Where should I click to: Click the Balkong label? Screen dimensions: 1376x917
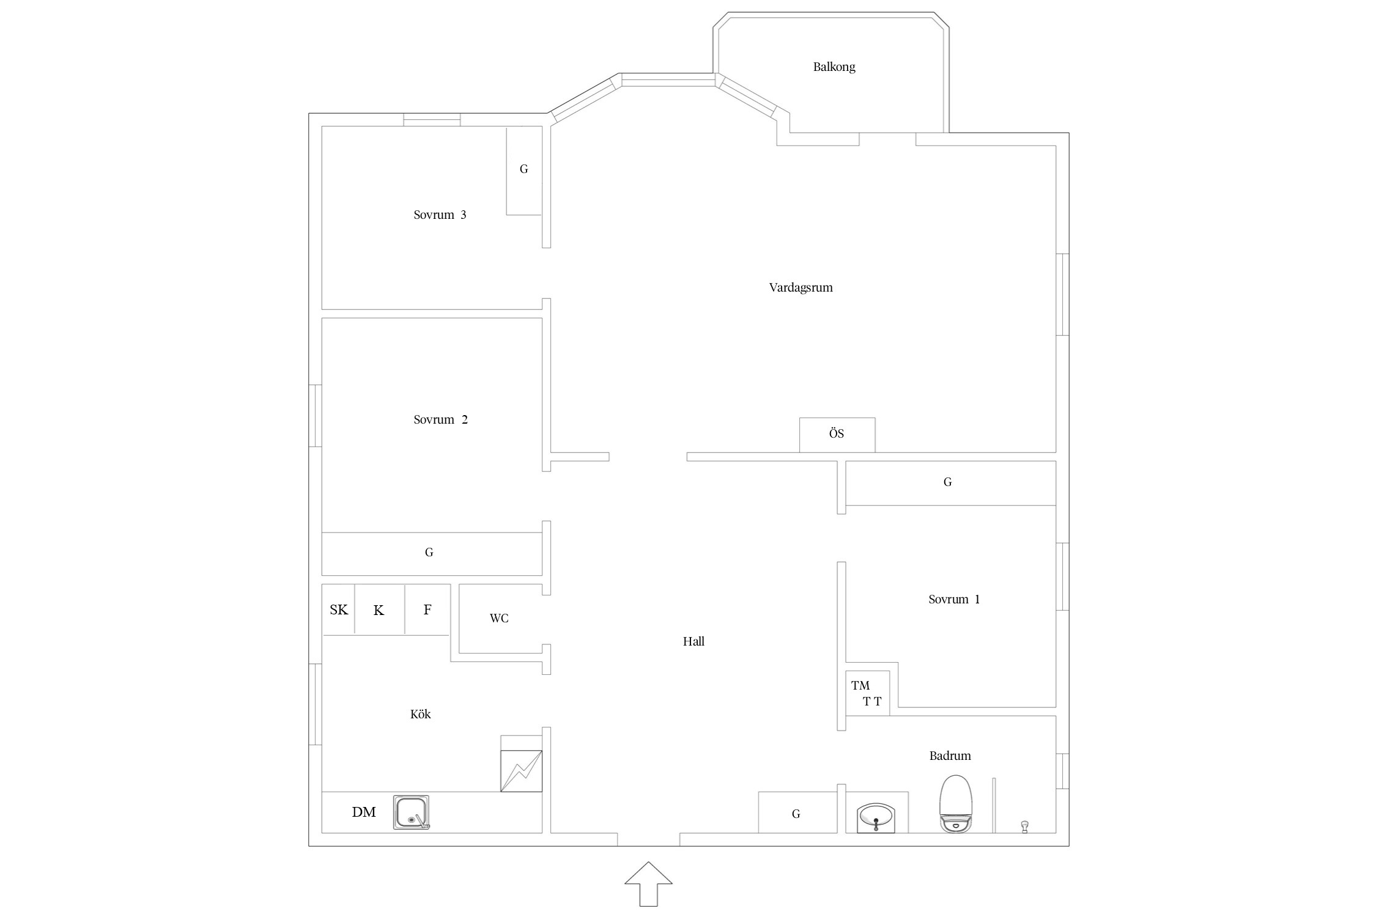[x=834, y=67]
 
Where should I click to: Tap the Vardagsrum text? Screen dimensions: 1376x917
[x=801, y=287]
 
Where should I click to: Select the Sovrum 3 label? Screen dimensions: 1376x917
[x=440, y=215]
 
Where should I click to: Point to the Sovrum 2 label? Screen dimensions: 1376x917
[x=440, y=419]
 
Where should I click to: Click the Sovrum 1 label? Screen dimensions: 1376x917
[x=954, y=599]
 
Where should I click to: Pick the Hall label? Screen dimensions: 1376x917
[x=694, y=641]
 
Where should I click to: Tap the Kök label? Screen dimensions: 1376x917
[x=420, y=714]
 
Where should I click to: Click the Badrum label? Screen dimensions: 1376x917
[x=950, y=756]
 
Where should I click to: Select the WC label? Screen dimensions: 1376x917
[x=499, y=618]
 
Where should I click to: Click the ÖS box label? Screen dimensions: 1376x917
[x=837, y=433]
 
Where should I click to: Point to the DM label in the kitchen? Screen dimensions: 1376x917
[x=364, y=812]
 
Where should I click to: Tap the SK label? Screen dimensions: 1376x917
[x=339, y=609]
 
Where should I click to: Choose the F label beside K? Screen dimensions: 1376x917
[x=427, y=609]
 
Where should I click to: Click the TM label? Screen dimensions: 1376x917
[x=860, y=685]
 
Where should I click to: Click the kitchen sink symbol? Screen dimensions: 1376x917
[x=411, y=812]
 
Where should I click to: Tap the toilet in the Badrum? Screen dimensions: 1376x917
[x=955, y=804]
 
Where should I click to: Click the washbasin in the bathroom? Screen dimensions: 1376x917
[x=876, y=817]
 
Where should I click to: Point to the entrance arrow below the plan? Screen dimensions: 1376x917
[x=648, y=884]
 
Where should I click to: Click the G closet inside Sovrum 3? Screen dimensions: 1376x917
[x=524, y=171]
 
